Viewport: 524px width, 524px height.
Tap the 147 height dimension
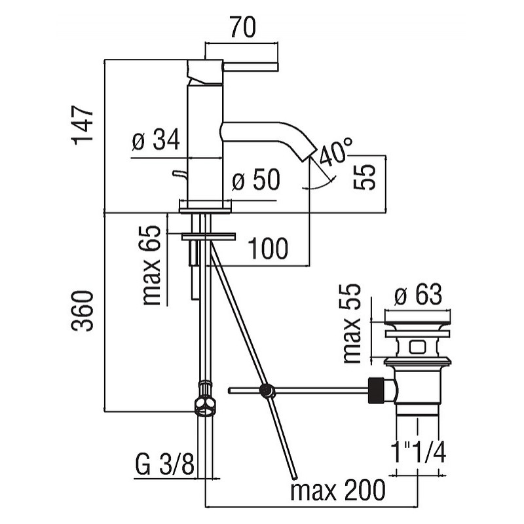[82, 125]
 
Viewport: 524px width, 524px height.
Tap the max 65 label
[152, 266]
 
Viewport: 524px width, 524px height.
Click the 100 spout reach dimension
[268, 248]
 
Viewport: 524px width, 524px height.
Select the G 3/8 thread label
[165, 464]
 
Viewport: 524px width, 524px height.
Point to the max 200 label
[338, 490]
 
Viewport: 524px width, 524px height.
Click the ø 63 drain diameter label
[418, 294]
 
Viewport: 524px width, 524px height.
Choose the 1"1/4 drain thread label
[418, 451]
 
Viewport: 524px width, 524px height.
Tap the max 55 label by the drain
[352, 324]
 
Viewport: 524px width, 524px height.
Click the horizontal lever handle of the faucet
[251, 67]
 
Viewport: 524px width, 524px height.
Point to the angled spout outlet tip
[309, 155]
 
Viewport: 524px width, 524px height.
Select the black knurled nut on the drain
[376, 390]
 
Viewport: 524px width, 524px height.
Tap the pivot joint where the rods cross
[267, 390]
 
